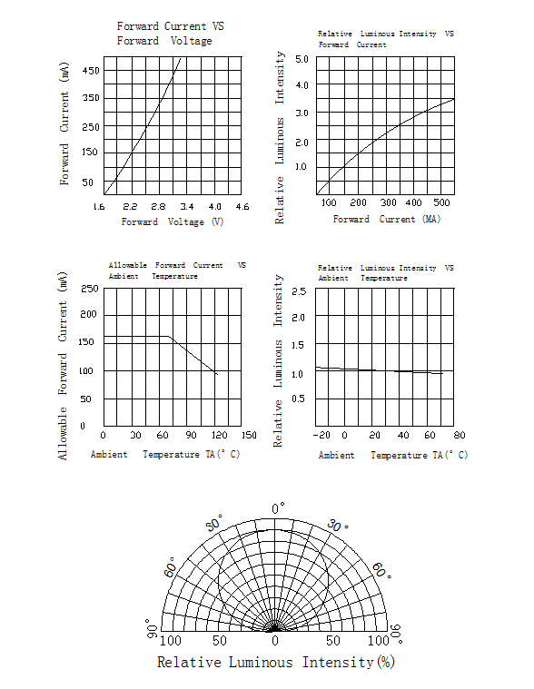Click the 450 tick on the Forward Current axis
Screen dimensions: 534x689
[x=91, y=70]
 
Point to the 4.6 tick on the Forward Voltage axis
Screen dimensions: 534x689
[x=242, y=207]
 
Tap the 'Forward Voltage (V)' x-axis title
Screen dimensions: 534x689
[x=173, y=221]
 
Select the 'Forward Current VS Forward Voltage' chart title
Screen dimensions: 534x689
[x=171, y=34]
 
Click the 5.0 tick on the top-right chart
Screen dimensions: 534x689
[x=302, y=59]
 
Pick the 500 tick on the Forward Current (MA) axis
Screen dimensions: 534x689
[x=441, y=202]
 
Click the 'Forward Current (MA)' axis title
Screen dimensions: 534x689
[x=387, y=219]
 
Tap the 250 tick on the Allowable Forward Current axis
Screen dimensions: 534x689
[x=89, y=289]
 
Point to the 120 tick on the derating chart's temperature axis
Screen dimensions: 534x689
[x=219, y=435]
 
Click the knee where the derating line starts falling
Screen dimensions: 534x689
[x=168, y=337]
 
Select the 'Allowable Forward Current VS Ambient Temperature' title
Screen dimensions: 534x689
[x=178, y=271]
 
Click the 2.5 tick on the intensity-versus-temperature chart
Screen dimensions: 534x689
[x=299, y=291]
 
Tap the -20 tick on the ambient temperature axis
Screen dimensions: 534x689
[x=321, y=435]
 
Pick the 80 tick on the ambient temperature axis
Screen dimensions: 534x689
[x=460, y=435]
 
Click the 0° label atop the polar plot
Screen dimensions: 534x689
[x=278, y=508]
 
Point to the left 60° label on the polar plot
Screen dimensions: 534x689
[x=170, y=567]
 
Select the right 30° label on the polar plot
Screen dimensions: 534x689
[x=338, y=525]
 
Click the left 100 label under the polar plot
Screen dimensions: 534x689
[x=171, y=641]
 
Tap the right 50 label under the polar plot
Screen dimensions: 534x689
[x=333, y=641]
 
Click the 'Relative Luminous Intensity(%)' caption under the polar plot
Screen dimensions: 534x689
[x=276, y=662]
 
